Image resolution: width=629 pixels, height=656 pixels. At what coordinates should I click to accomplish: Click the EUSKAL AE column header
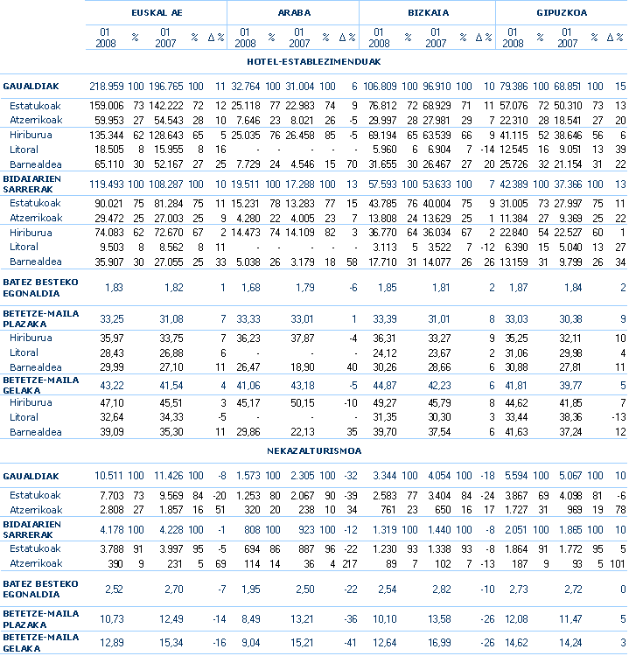pyautogui.click(x=156, y=13)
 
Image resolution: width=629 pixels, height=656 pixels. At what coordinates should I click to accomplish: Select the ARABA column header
pyautogui.click(x=293, y=13)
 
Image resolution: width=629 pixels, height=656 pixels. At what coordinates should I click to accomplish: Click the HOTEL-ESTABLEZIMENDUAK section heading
pyautogui.click(x=313, y=61)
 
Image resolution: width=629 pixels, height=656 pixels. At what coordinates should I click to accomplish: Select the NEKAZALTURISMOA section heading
pyautogui.click(x=313, y=450)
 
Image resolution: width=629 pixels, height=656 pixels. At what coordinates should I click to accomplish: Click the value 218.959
pyautogui.click(x=107, y=86)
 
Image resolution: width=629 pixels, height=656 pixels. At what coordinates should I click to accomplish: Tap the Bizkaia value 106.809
pyautogui.click(x=381, y=86)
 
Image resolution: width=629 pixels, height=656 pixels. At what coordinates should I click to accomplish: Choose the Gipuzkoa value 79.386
pyautogui.click(x=517, y=86)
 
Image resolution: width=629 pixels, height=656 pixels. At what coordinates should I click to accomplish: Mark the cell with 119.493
pyautogui.click(x=107, y=185)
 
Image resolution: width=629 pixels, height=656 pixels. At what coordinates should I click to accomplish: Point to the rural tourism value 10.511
pyautogui.click(x=110, y=476)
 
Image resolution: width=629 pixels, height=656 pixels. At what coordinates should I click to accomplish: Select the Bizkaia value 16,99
pyautogui.click(x=438, y=644)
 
